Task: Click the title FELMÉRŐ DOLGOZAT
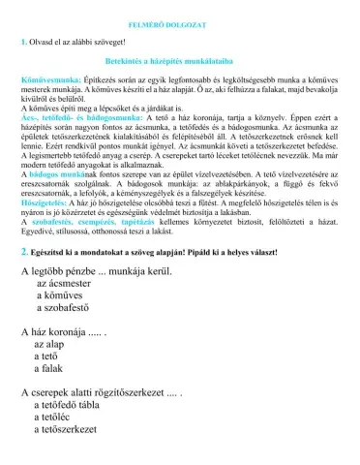pos(181,20)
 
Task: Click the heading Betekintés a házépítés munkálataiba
pos(181,61)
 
